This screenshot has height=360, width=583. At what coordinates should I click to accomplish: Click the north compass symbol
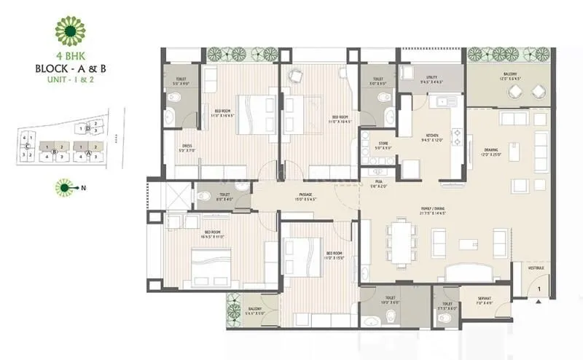click(65, 189)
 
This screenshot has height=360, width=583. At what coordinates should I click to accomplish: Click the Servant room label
click(484, 299)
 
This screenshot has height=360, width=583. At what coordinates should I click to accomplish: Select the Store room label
click(383, 145)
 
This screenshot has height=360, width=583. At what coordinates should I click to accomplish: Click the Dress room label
click(188, 148)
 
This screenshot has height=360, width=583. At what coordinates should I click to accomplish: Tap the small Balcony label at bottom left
click(254, 310)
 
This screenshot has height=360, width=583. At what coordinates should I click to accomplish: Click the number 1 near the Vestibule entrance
click(538, 290)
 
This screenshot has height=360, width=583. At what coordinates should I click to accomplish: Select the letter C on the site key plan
click(26, 146)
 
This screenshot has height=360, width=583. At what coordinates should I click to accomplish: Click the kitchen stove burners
click(458, 133)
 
